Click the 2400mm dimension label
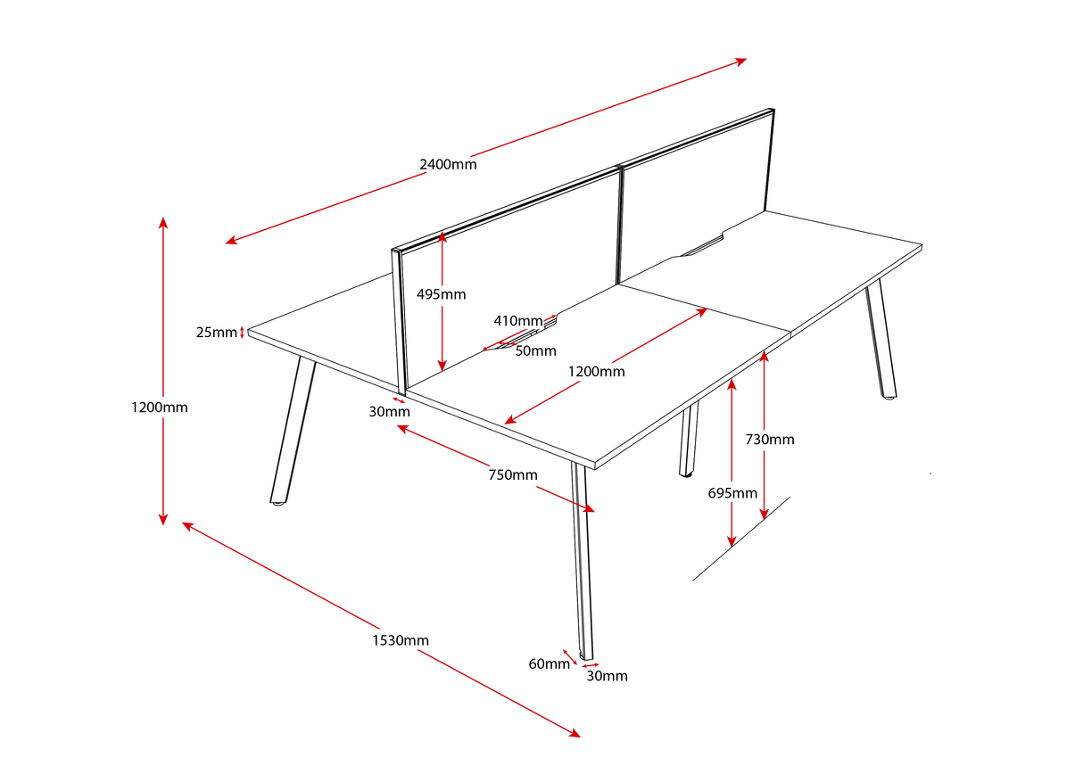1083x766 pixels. click(x=448, y=164)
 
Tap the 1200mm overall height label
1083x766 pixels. click(x=160, y=408)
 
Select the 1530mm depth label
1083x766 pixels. click(x=401, y=640)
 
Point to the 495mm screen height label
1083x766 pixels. click(x=441, y=294)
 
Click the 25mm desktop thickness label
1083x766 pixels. click(x=217, y=333)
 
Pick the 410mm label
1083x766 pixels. click(x=517, y=321)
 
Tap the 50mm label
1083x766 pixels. click(x=535, y=350)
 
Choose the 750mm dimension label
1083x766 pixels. click(x=513, y=474)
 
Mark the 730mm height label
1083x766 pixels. click(x=769, y=439)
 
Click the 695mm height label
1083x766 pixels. click(x=732, y=493)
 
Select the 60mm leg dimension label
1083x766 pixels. click(x=549, y=663)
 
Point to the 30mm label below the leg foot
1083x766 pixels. click(x=607, y=676)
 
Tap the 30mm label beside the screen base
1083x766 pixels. click(x=390, y=411)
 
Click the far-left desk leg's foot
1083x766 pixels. click(x=278, y=504)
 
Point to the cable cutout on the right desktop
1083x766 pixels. click(x=702, y=248)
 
